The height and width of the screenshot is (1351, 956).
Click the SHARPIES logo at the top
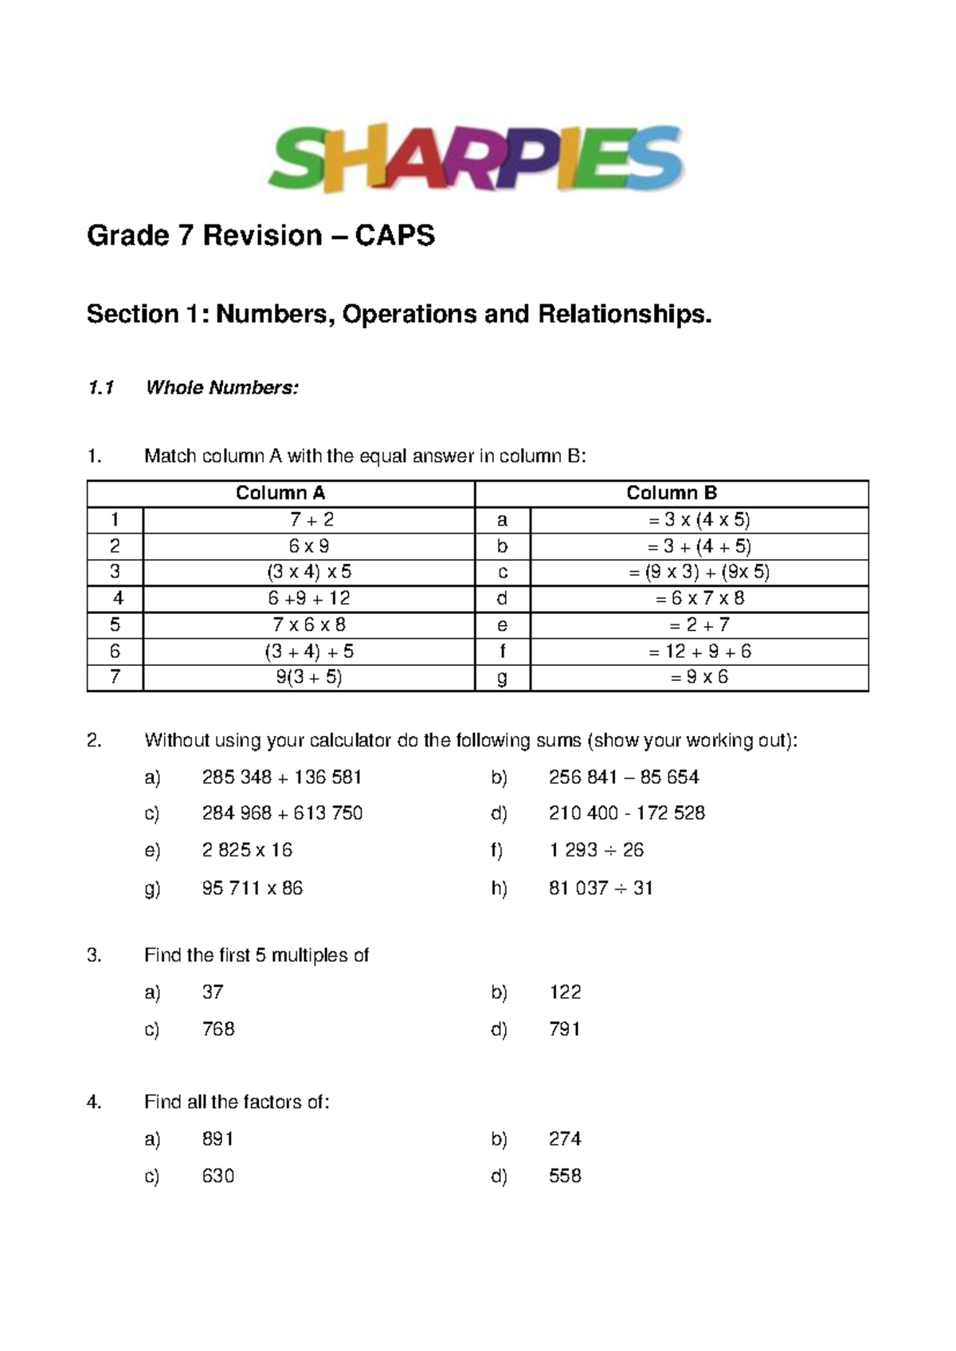point(476,159)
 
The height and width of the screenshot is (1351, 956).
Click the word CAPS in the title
point(395,236)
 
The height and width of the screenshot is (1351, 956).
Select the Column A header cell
point(280,493)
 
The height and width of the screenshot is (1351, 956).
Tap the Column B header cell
point(672,493)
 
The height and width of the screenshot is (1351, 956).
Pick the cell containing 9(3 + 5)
point(309,678)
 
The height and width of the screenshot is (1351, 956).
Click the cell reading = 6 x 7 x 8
point(699,598)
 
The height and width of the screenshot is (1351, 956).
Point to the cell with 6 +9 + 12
point(309,598)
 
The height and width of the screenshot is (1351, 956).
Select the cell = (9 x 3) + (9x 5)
point(699,572)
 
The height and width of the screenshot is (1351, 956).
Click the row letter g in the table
point(502,678)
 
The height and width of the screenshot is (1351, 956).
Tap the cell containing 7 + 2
point(309,520)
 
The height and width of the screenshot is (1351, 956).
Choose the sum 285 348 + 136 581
point(282,777)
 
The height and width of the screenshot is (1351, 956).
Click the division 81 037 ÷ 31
point(601,888)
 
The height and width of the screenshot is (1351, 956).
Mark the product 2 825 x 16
point(247,850)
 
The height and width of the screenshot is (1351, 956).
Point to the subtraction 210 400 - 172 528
point(627,813)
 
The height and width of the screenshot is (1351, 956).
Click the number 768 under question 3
point(218,1029)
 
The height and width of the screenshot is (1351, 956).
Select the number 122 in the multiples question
point(565,992)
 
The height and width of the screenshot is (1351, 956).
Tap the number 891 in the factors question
point(218,1139)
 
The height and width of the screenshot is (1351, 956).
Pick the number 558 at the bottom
point(565,1176)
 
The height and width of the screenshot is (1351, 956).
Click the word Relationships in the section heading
point(625,315)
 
